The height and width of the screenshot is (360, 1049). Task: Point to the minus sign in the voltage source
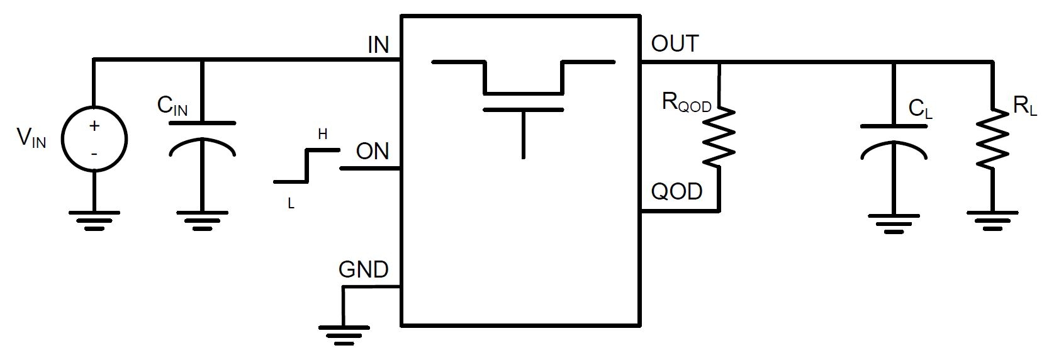(94, 153)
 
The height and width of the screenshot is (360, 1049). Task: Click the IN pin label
(378, 45)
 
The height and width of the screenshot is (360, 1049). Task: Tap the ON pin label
(373, 152)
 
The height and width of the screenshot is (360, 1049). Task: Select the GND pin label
(363, 269)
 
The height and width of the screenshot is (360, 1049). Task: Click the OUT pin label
(675, 44)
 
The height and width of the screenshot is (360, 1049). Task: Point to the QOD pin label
(676, 191)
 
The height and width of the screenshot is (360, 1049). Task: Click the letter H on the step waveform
(322, 134)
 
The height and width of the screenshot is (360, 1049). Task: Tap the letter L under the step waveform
(291, 204)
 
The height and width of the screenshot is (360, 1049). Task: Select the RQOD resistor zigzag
(719, 137)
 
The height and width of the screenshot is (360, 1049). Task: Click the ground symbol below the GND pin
(344, 331)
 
